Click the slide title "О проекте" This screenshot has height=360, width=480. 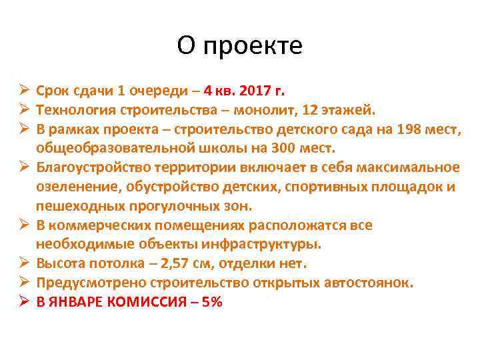pos(240,46)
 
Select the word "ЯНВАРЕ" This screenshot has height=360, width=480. pos(73,302)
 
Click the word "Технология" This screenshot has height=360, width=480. pos(75,109)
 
